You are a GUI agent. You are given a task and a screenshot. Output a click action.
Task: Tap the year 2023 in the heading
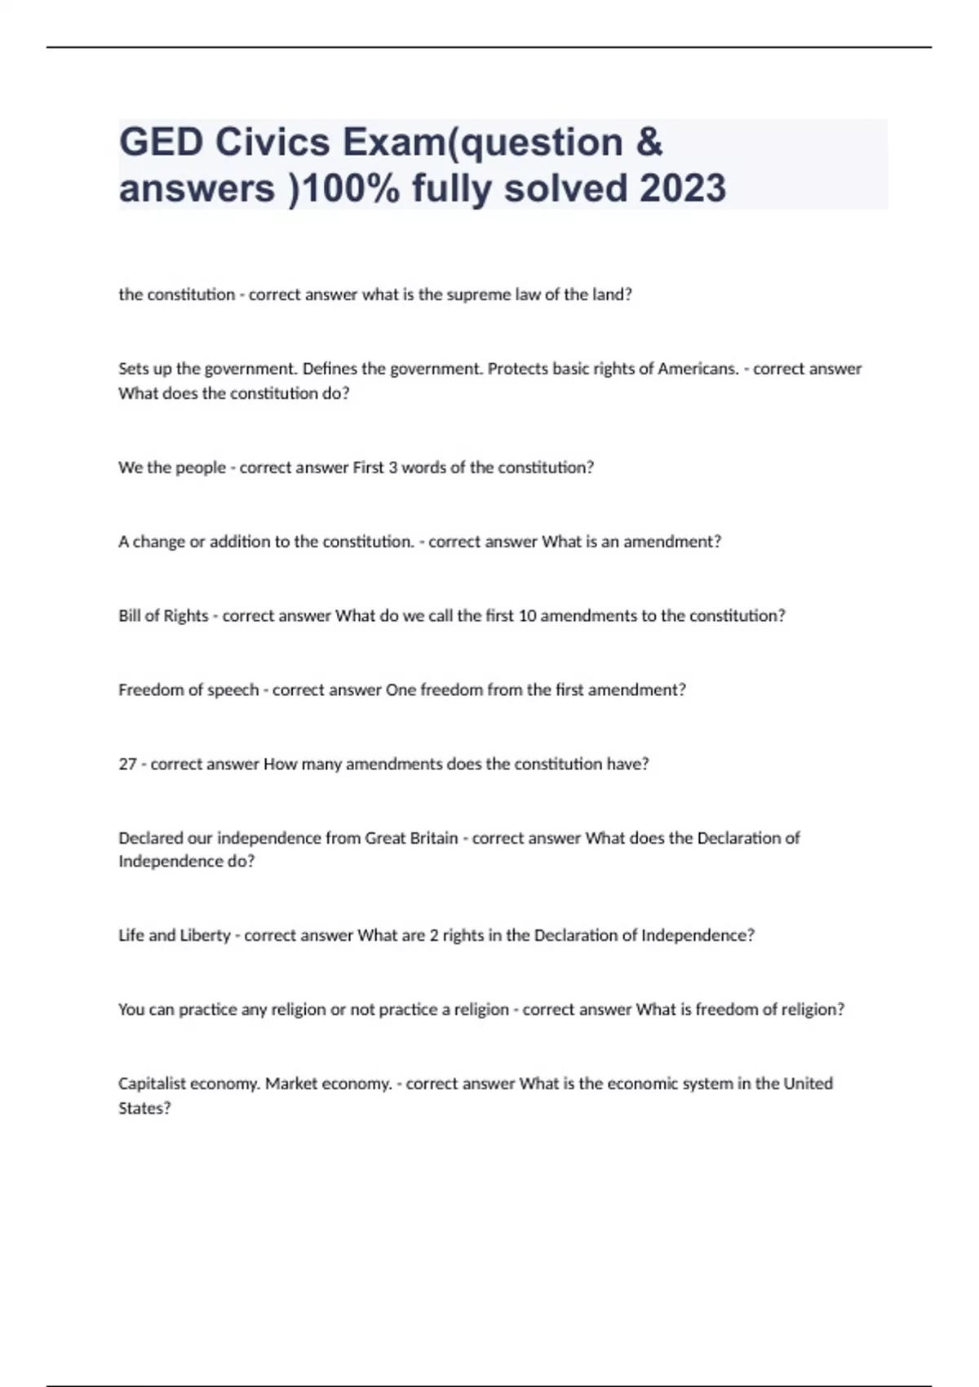tap(683, 188)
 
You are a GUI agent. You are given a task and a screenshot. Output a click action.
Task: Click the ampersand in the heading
tap(648, 143)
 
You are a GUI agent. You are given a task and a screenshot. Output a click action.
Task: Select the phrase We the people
tap(172, 468)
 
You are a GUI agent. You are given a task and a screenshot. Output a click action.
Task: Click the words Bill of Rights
tap(163, 616)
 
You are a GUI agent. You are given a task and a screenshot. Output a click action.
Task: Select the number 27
tap(127, 764)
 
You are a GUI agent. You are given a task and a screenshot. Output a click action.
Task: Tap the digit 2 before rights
tap(434, 936)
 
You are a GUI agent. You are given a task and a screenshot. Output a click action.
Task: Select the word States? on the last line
tap(144, 1108)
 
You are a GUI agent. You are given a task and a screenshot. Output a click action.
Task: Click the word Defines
tap(330, 369)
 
